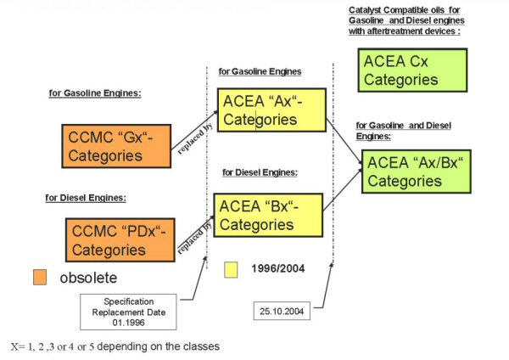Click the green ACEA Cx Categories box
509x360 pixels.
(412, 70)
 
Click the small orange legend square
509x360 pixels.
(40, 277)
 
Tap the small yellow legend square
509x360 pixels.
(230, 269)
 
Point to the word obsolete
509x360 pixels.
(87, 278)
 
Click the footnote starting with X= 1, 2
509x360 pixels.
(115, 346)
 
